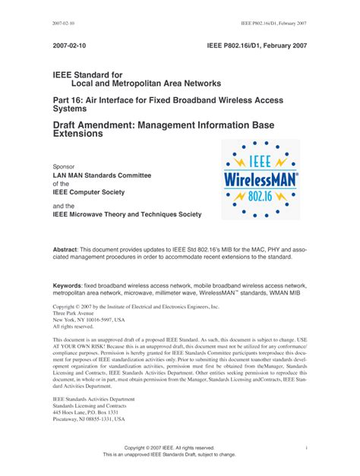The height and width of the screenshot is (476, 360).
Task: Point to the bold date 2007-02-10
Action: coord(71,46)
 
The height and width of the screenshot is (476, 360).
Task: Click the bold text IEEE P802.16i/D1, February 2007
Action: coord(257,46)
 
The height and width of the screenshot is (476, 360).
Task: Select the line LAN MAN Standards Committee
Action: coord(102,175)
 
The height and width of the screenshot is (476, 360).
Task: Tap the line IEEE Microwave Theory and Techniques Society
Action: coord(127,214)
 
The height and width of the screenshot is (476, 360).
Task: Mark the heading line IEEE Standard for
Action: coord(87,75)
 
